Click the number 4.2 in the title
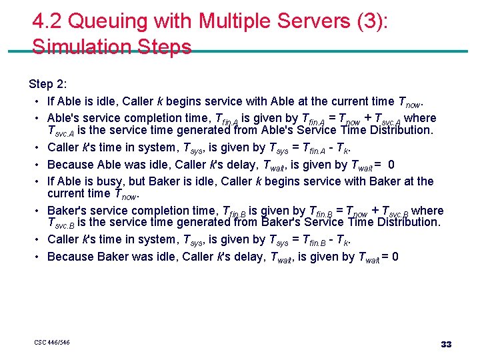click(x=47, y=23)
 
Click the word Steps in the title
click(x=165, y=47)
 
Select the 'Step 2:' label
click(x=48, y=84)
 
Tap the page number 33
click(x=446, y=344)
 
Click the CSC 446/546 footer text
click(x=52, y=343)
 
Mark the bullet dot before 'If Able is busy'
click(x=33, y=181)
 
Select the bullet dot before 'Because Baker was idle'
click(x=33, y=257)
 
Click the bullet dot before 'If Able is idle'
click(x=33, y=102)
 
